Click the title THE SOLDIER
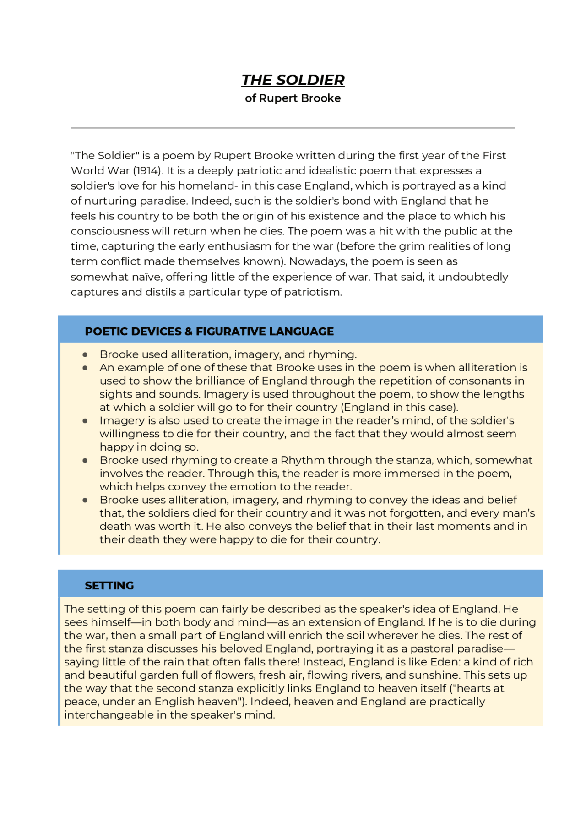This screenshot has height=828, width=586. pyautogui.click(x=293, y=80)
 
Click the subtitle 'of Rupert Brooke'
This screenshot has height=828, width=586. pyautogui.click(x=293, y=98)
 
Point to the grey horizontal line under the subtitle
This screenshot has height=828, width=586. pyautogui.click(x=293, y=128)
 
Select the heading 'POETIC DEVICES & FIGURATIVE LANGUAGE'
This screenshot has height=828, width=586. pyautogui.click(x=209, y=332)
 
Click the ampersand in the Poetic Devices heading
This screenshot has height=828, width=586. pyautogui.click(x=189, y=332)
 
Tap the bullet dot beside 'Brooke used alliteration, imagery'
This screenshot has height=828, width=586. pyautogui.click(x=85, y=354)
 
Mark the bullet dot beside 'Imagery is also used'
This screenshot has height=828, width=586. pyautogui.click(x=85, y=421)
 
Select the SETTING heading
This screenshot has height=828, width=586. pyautogui.click(x=109, y=586)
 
